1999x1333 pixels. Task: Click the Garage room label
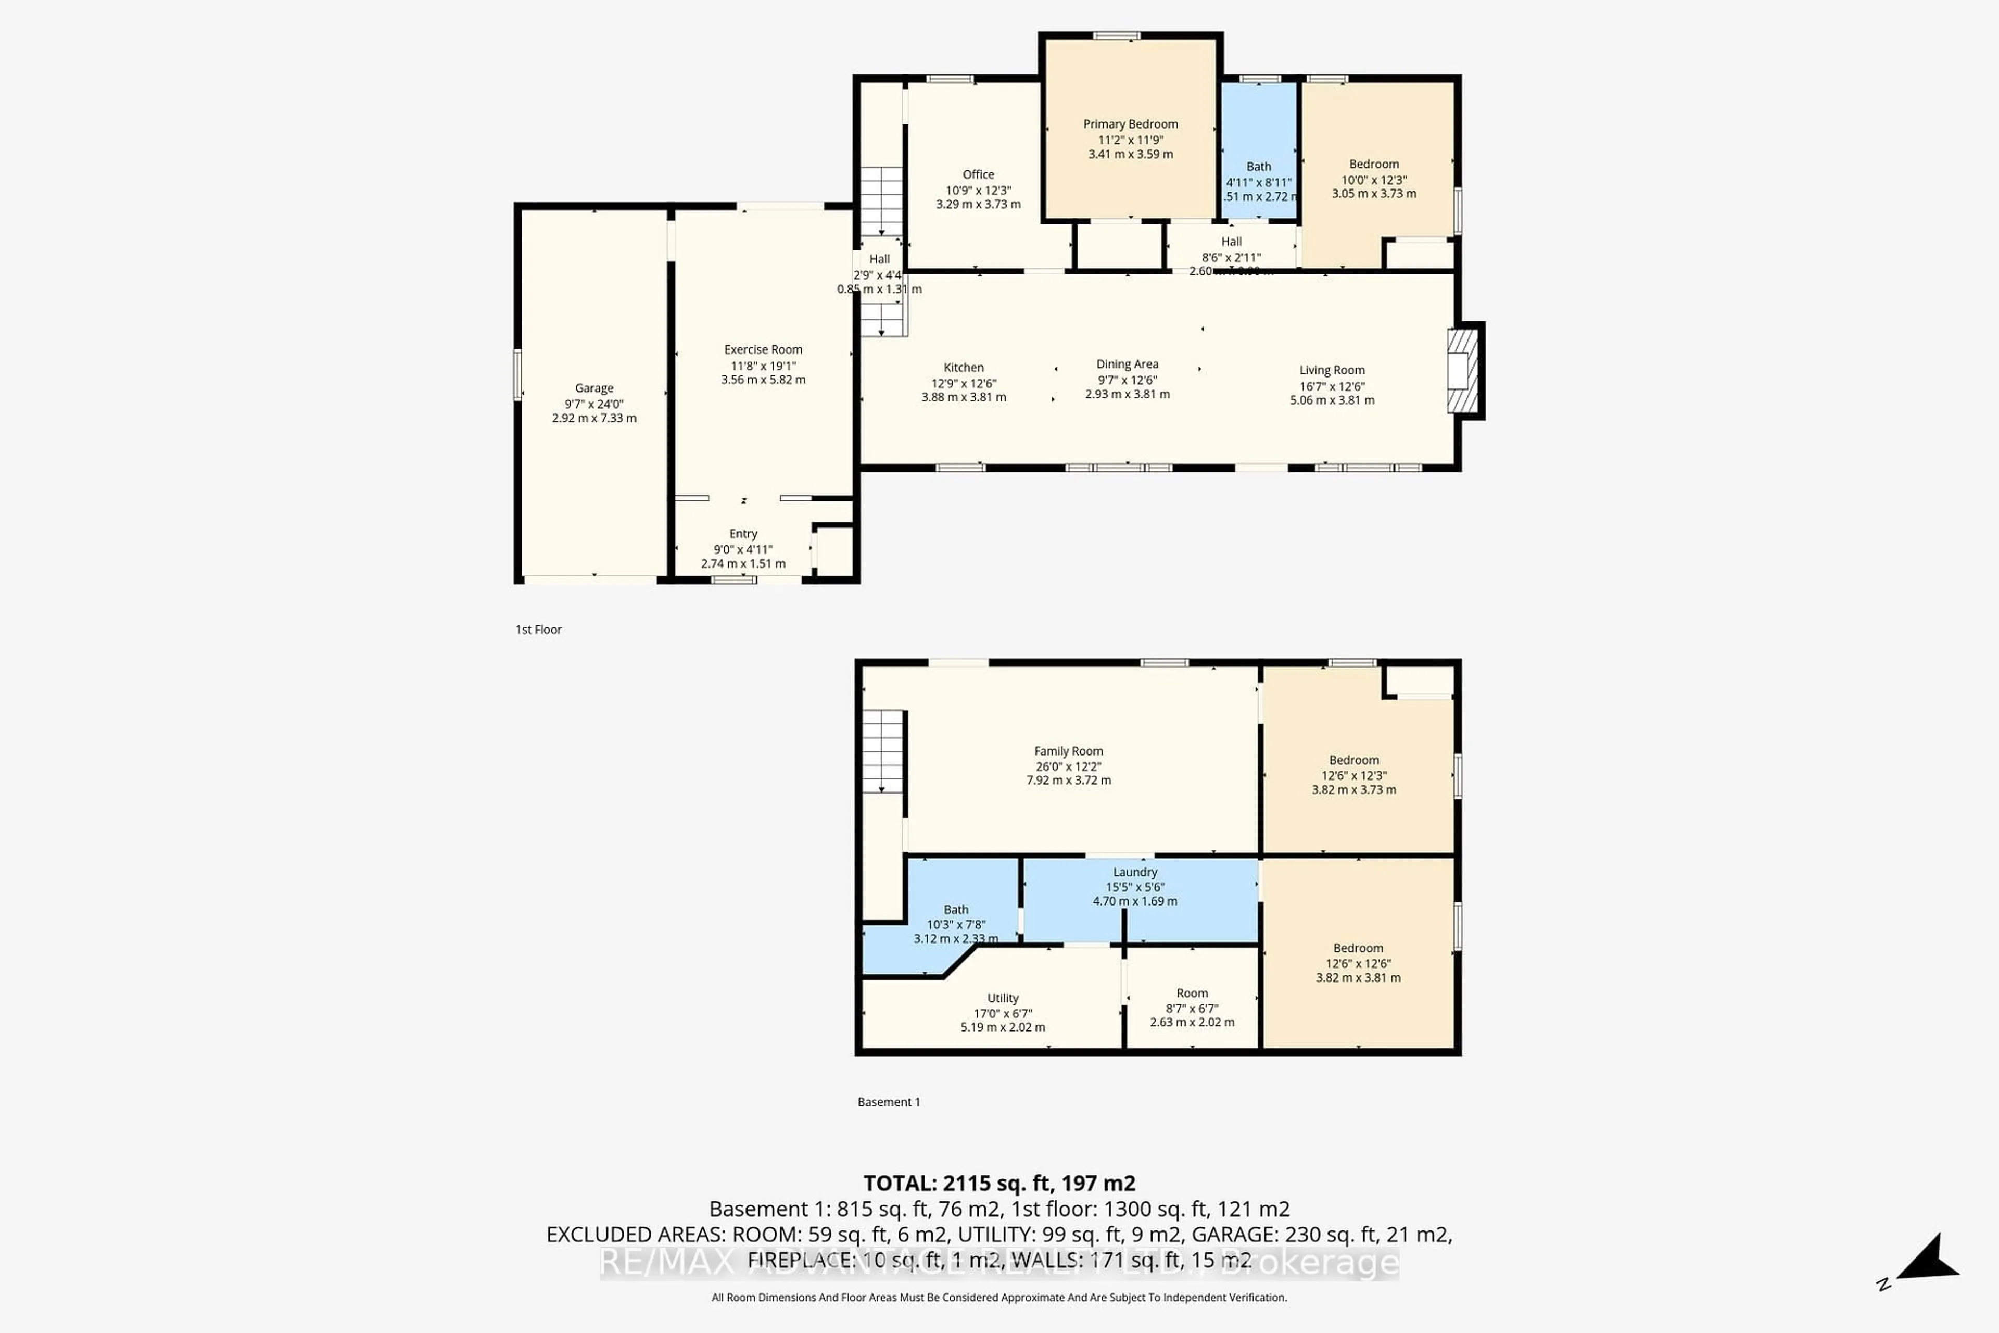coord(593,387)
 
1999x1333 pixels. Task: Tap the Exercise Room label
coord(762,349)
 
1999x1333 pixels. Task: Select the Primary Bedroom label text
coord(1130,124)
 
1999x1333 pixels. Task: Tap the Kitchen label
coord(963,367)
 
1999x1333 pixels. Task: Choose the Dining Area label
coord(1127,364)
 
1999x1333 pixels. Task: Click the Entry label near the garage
coord(743,534)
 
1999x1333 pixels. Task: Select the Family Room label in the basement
coord(1068,751)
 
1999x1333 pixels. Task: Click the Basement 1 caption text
coord(888,1102)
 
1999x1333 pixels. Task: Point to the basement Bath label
coord(955,910)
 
